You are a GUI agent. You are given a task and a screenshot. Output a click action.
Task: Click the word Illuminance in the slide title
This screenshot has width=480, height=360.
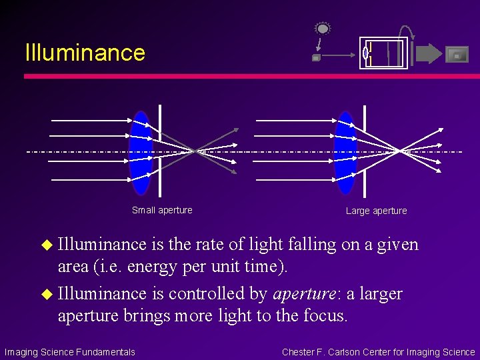[x=85, y=53]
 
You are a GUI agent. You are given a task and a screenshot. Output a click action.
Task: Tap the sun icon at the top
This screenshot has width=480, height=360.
[x=323, y=29]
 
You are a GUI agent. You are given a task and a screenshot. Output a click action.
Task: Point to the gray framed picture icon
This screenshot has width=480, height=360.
[x=457, y=55]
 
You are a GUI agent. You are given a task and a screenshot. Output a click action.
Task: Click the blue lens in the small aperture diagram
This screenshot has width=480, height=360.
[x=141, y=153]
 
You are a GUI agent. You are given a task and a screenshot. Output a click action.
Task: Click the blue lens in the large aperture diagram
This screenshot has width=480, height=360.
[x=345, y=153]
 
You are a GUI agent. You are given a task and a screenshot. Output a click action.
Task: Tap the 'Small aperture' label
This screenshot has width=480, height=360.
[x=162, y=210]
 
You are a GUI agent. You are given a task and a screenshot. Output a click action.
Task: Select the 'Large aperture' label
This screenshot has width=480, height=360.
[x=376, y=211]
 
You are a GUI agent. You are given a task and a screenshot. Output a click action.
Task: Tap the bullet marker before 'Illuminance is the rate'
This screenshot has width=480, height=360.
[x=47, y=245]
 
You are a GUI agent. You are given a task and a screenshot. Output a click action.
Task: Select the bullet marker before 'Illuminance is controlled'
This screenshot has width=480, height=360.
[x=47, y=294]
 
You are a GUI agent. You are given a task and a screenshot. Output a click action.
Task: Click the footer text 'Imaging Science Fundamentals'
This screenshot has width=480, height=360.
[x=70, y=352]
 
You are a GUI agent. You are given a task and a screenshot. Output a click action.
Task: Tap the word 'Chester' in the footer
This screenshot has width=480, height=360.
[x=299, y=352]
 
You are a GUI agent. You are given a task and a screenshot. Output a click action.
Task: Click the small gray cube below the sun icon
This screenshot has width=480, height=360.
[x=316, y=58]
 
